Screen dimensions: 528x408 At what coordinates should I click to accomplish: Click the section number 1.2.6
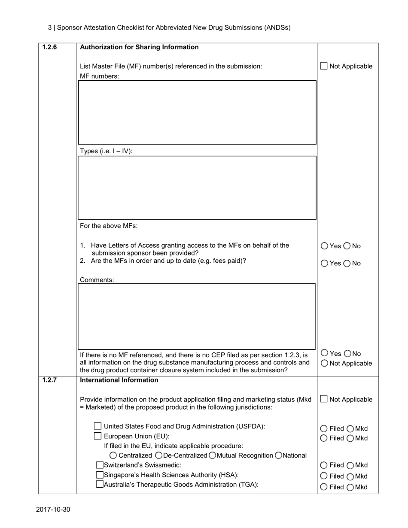tap(49, 47)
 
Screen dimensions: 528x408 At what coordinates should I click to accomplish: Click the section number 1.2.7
tap(49, 380)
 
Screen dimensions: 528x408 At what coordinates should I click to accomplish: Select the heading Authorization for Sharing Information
tap(139, 47)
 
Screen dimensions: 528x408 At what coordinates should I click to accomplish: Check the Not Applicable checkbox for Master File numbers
tap(324, 66)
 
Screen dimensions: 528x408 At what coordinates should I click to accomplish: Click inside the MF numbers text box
tap(197, 112)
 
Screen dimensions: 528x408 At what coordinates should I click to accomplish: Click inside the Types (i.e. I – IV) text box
tap(197, 188)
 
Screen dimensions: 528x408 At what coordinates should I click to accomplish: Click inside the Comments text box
tap(196, 316)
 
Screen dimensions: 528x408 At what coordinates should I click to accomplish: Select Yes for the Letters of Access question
tap(324, 246)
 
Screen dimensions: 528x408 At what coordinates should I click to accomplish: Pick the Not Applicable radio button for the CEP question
tap(324, 363)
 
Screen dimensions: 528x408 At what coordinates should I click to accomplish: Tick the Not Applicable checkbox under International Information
tap(324, 399)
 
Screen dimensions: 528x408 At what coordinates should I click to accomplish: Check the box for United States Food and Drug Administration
tap(97, 426)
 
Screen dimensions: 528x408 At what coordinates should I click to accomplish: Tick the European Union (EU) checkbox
tap(97, 436)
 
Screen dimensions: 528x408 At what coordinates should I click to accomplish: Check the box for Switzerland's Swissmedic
tap(100, 465)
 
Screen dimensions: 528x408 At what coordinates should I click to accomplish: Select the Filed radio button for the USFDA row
tap(324, 428)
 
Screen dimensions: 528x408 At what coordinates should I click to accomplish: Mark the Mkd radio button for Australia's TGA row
tap(350, 487)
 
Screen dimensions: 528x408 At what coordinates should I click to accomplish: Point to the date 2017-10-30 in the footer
tap(53, 510)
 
